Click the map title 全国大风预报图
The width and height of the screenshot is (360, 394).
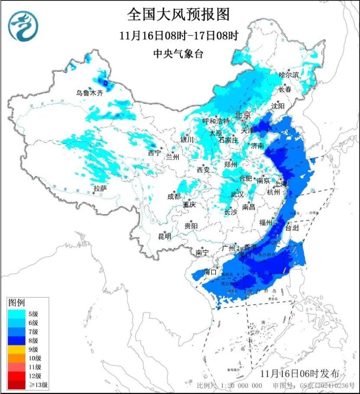click(x=178, y=15)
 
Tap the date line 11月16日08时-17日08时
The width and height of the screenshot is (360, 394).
click(x=179, y=36)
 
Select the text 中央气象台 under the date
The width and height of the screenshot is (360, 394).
click(x=178, y=54)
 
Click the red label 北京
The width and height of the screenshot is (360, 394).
click(x=242, y=115)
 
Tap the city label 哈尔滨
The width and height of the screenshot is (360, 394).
click(x=289, y=75)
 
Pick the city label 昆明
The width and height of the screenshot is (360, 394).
click(x=165, y=236)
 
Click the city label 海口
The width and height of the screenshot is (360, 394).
click(x=211, y=272)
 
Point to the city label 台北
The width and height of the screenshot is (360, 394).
click(x=293, y=229)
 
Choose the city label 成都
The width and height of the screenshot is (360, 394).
click(x=174, y=196)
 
